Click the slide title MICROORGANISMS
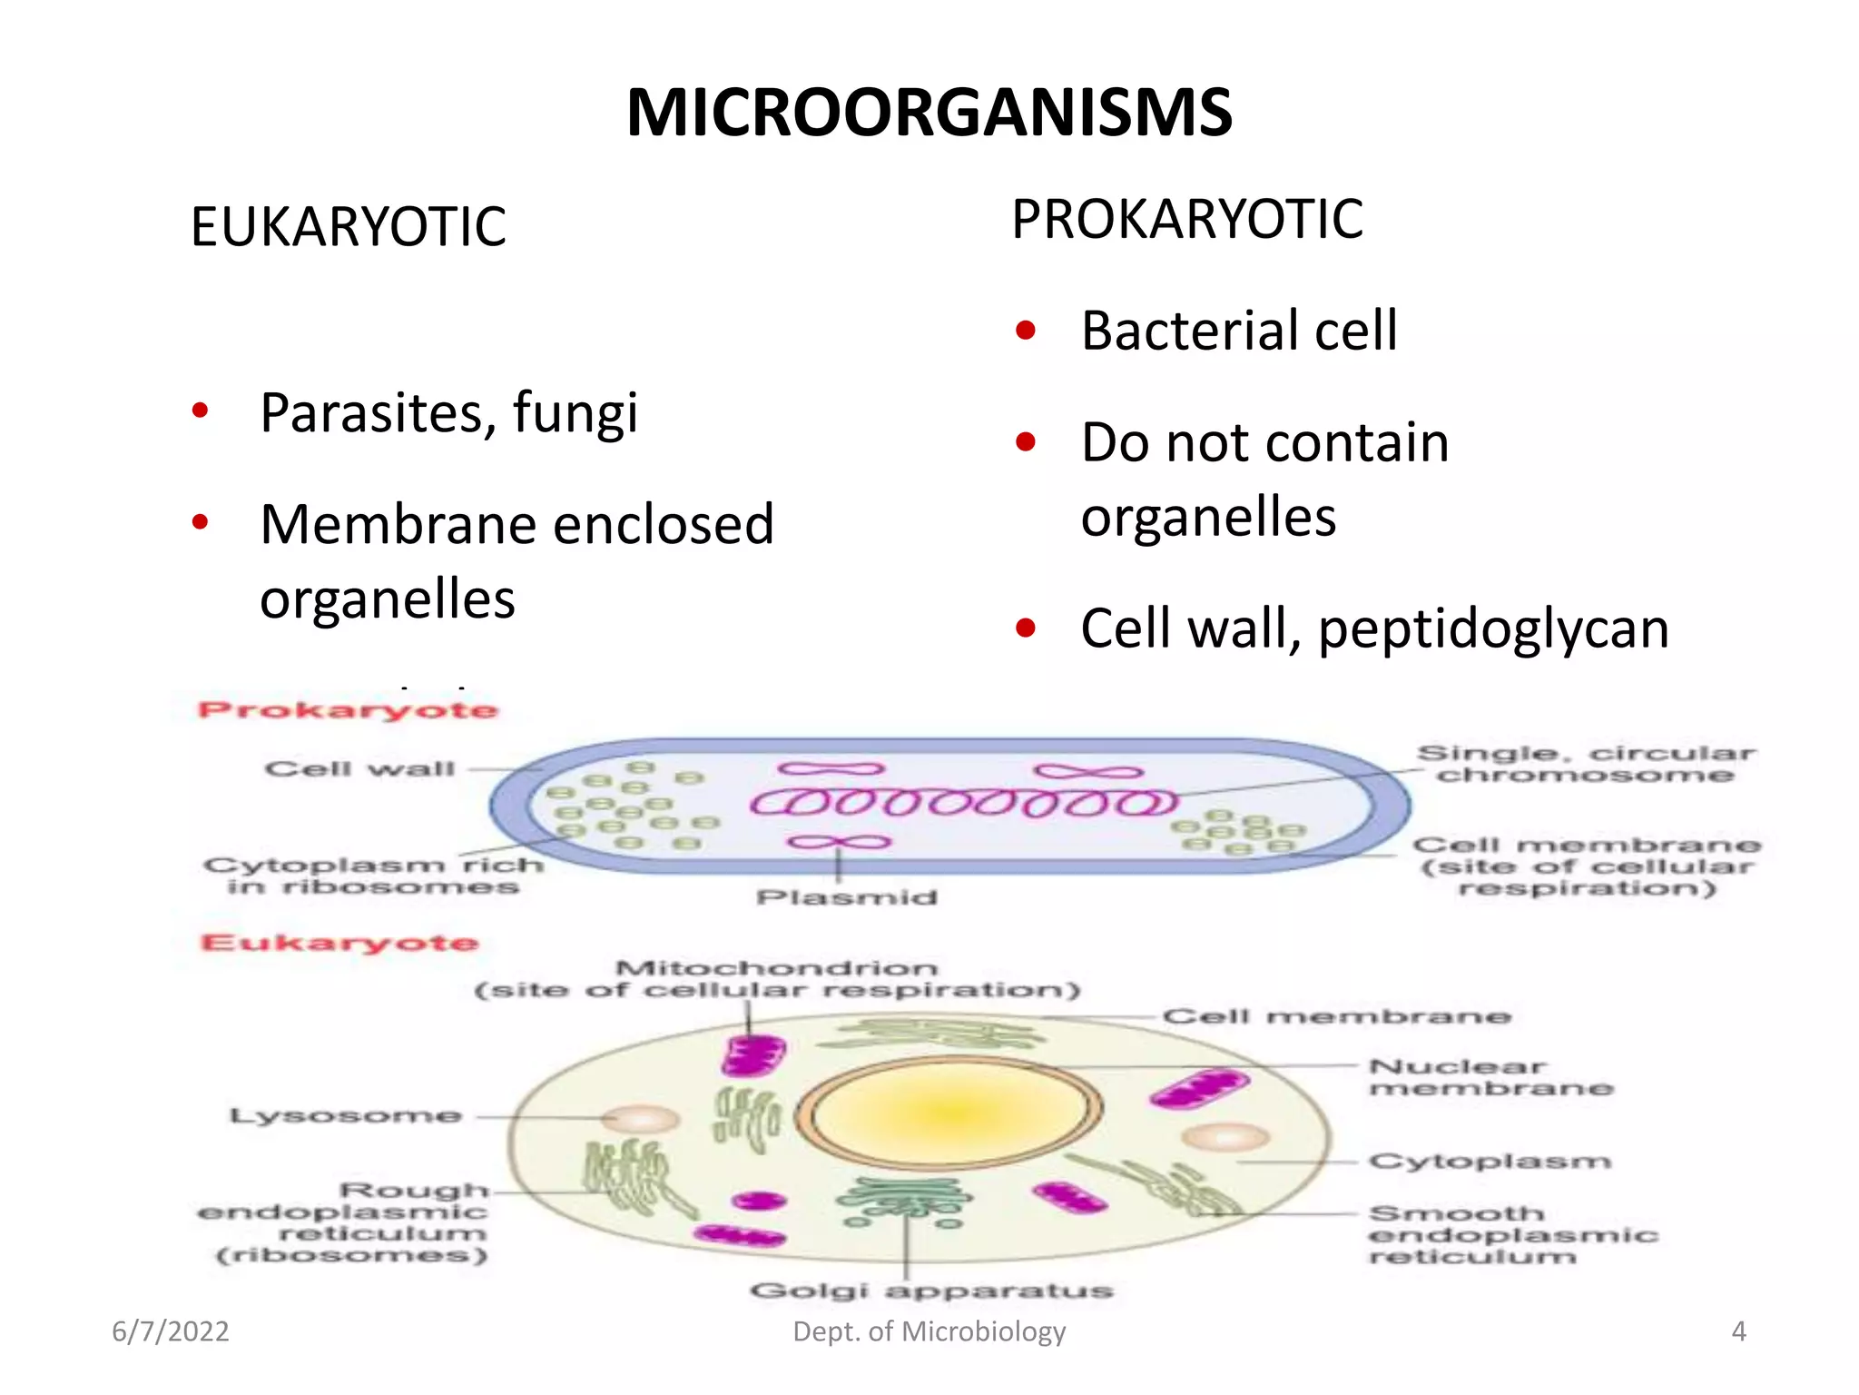click(929, 113)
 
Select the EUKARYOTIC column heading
click(348, 227)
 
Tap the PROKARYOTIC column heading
click(1186, 220)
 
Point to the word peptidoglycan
click(1492, 629)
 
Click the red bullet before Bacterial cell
click(1026, 331)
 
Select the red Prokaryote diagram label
click(348, 710)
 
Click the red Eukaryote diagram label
click(339, 943)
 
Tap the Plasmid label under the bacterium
click(846, 897)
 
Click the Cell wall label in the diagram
click(359, 769)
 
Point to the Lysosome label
click(346, 1115)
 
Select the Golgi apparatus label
click(931, 1291)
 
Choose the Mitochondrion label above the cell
click(776, 969)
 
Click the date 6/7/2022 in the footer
click(171, 1331)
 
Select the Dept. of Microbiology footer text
click(929, 1331)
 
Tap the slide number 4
click(1738, 1331)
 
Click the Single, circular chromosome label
click(1585, 764)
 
